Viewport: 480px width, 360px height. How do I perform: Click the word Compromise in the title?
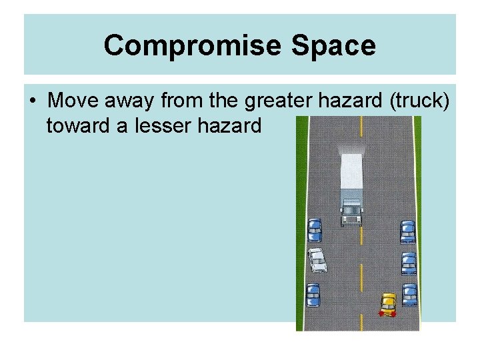click(181, 46)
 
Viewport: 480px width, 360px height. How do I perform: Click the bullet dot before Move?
click(33, 102)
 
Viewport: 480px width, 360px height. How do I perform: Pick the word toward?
click(78, 125)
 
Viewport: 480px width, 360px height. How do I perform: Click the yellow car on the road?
click(388, 303)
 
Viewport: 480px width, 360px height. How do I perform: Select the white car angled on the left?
click(317, 259)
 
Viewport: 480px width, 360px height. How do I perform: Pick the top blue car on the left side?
click(314, 231)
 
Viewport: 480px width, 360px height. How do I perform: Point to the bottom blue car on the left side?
click(313, 295)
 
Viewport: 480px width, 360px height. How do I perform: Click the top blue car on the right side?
click(407, 232)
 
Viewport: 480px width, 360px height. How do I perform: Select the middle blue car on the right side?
click(409, 263)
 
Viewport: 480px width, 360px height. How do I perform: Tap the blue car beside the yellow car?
click(409, 294)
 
